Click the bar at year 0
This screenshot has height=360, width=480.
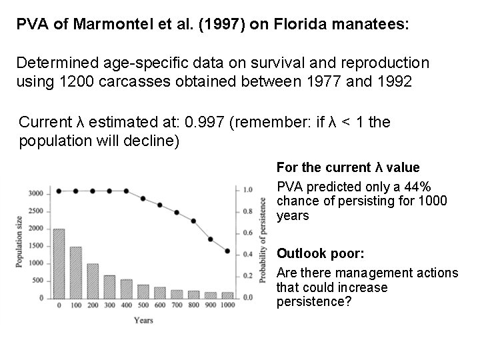(x=59, y=263)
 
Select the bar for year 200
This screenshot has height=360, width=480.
(x=93, y=281)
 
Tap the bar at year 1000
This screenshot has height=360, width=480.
(x=227, y=295)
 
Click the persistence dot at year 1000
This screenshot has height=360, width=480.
(x=227, y=251)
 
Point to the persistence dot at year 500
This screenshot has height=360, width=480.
(x=143, y=199)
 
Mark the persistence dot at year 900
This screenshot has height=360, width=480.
(x=211, y=239)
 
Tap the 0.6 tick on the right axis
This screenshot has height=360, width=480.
(x=247, y=233)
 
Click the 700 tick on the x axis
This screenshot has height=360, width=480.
(x=177, y=305)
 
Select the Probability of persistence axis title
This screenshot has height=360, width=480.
(x=263, y=242)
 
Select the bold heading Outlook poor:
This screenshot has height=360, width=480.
(x=311, y=254)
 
